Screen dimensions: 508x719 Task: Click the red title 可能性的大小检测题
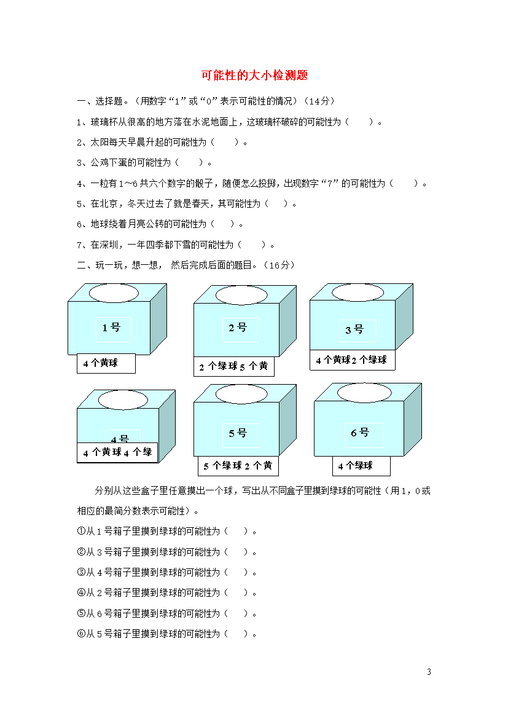click(x=254, y=75)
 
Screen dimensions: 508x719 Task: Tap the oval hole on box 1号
click(x=114, y=293)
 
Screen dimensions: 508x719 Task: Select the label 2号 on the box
click(x=238, y=328)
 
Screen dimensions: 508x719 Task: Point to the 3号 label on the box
click(x=354, y=329)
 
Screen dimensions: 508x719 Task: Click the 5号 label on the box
click(x=238, y=433)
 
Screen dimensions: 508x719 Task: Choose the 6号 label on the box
click(x=360, y=433)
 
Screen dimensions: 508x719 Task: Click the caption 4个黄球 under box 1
click(x=100, y=363)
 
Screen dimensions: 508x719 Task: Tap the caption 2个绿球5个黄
click(x=234, y=366)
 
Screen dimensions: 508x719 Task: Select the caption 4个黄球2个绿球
click(x=351, y=360)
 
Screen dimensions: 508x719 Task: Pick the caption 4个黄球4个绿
click(x=117, y=452)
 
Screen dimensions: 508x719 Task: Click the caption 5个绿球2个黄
click(x=238, y=466)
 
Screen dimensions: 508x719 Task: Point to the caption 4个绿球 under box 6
click(x=355, y=466)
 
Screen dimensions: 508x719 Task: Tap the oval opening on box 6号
click(x=364, y=393)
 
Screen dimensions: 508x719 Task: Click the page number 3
click(x=429, y=672)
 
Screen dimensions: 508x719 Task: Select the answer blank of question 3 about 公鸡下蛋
click(x=189, y=162)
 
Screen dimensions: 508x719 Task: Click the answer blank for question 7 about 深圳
click(x=252, y=245)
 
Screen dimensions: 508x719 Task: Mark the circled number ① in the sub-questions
click(x=81, y=531)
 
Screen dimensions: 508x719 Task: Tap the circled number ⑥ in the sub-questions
click(x=81, y=634)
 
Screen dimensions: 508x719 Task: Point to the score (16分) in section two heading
click(x=279, y=265)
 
